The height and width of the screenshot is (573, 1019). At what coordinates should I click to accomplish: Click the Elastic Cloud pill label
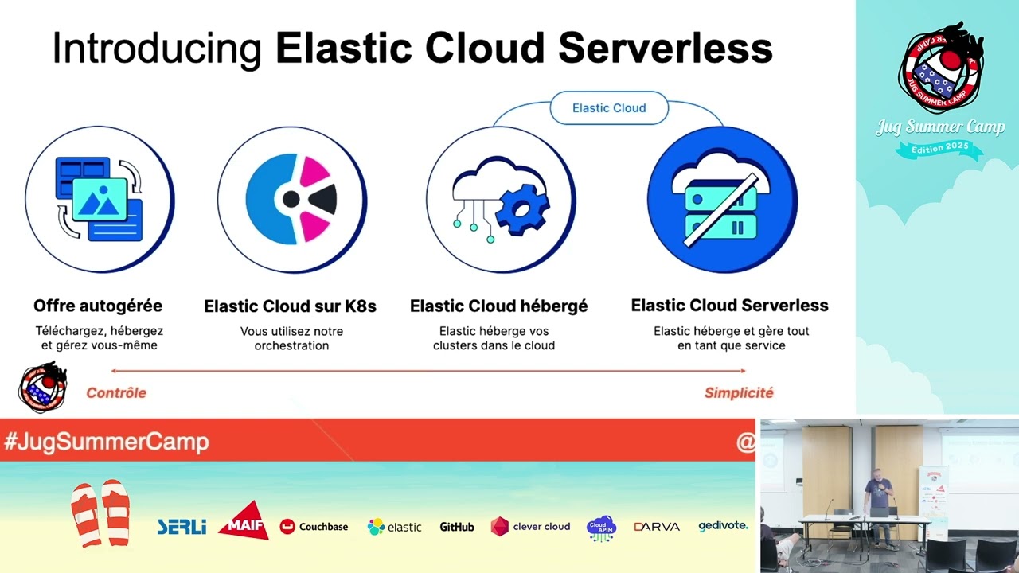pos(609,108)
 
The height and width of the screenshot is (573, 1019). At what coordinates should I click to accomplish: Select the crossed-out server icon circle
pos(722,199)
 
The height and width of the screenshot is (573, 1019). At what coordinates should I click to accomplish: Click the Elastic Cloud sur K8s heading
pos(290,306)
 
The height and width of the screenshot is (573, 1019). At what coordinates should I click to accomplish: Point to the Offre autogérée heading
pos(98,306)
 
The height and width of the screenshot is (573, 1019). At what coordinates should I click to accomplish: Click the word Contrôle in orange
pos(116,392)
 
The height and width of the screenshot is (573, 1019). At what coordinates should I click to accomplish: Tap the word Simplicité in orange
pos(739,392)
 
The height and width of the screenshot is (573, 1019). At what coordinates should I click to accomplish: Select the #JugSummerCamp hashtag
pos(107,442)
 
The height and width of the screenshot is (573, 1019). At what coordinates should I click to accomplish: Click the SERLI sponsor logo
pos(182,527)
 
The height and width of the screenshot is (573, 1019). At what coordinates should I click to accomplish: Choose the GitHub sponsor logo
pos(457,527)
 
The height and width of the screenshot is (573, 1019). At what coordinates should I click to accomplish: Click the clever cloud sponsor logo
pos(530,527)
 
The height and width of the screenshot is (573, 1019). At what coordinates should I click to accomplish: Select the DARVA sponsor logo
pos(657,527)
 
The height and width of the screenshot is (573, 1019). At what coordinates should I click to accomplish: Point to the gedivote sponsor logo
pos(723,526)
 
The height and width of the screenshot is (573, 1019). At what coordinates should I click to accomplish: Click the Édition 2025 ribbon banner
pos(940,148)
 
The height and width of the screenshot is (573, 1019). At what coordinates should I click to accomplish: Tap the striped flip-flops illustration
pos(100,513)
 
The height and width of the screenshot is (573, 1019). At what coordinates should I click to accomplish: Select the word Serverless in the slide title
pos(665,49)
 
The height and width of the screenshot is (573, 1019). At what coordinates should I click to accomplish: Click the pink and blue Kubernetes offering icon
pos(291,199)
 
